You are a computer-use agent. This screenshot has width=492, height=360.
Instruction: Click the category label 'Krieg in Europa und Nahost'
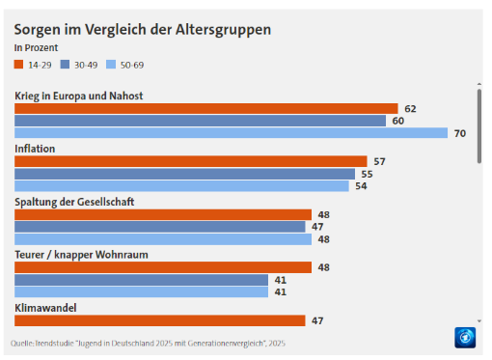[x=80, y=96]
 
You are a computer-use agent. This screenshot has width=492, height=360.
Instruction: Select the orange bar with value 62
[x=205, y=109]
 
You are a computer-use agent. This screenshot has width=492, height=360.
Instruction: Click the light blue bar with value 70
[x=231, y=133]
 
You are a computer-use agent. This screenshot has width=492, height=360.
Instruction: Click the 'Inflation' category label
[x=35, y=149]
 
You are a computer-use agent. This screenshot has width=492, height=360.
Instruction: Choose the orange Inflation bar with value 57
[x=190, y=161]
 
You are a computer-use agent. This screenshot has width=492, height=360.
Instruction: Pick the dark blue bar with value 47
[x=160, y=227]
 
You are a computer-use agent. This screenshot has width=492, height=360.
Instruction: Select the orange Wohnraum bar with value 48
[x=162, y=267]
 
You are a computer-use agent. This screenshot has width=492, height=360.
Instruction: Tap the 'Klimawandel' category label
[x=46, y=308]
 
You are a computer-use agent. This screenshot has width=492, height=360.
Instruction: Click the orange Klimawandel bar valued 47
[x=159, y=320]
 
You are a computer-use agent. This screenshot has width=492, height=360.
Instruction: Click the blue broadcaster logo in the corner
[x=467, y=338]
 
